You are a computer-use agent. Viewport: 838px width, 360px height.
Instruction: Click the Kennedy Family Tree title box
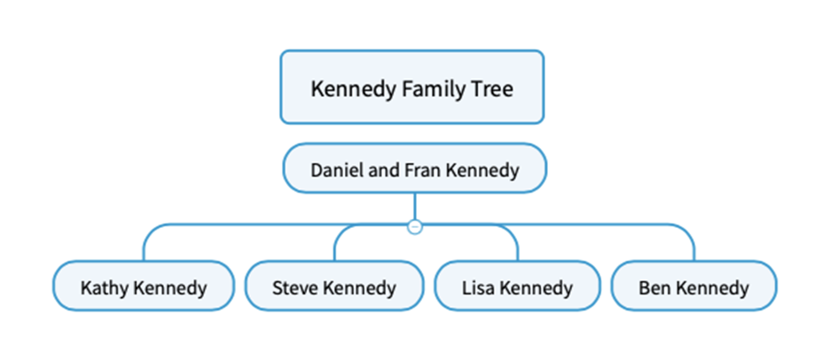coord(411,87)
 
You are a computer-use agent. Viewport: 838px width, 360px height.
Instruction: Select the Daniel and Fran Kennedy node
coord(414,168)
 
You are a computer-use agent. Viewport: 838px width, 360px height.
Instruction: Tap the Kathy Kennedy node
coord(143,287)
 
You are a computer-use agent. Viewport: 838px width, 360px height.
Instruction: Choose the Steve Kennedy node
coord(333,287)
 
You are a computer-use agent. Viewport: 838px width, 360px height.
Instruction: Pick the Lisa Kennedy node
coord(517,287)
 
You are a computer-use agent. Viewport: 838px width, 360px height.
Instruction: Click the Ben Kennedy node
coord(693,287)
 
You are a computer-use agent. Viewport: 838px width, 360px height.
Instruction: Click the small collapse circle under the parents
coord(414,227)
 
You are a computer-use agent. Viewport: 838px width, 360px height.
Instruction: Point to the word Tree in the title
coord(492,90)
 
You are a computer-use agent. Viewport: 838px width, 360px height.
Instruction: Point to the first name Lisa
coord(480,288)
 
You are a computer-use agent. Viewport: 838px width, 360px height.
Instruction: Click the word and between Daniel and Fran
coord(383,169)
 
